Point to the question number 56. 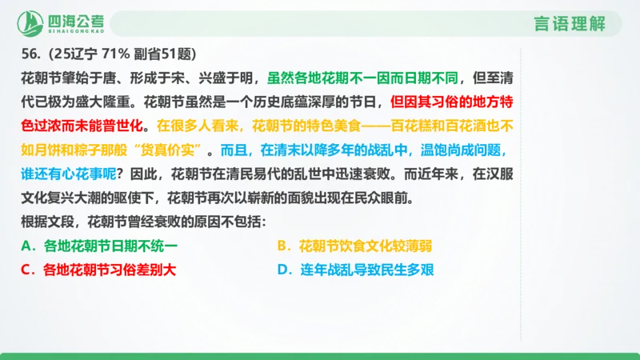[31, 54]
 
